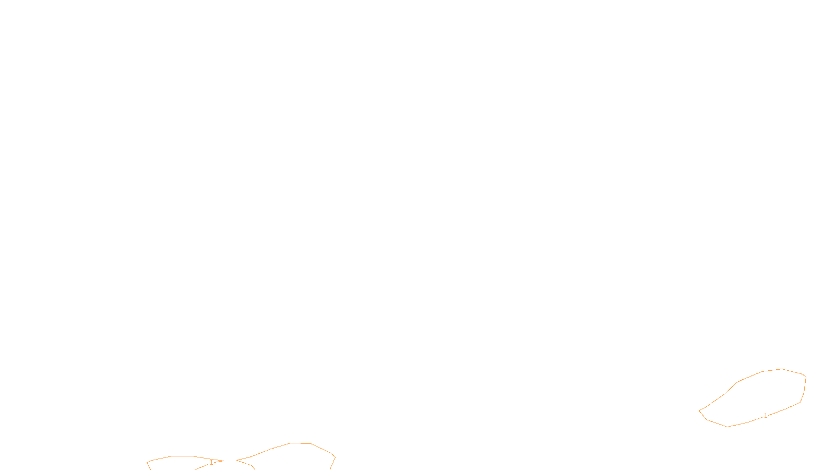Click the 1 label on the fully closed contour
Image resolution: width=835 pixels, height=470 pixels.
point(766,416)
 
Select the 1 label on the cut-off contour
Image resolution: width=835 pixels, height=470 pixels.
point(211,463)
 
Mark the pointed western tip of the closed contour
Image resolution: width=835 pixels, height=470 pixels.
point(699,411)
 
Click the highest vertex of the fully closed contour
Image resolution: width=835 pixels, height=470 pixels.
point(782,369)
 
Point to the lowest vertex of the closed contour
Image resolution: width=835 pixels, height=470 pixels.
point(728,427)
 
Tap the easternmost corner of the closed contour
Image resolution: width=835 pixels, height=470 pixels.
point(806,377)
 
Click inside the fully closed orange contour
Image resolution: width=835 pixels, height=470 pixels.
point(757,397)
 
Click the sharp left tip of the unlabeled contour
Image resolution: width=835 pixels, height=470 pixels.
point(237,461)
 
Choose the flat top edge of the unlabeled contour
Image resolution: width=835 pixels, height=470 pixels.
point(301,443)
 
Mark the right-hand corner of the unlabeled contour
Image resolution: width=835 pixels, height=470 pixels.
point(335,457)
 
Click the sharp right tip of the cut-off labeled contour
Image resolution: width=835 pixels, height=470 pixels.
point(223,461)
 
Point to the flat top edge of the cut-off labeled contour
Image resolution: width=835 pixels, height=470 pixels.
point(183,456)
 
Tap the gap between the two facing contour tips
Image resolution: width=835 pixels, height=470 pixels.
point(230,461)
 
